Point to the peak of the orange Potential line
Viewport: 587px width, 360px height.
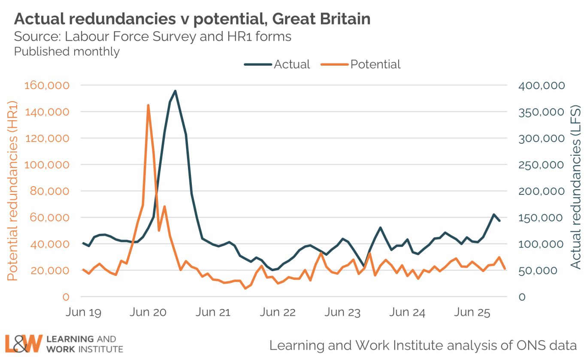[148, 105]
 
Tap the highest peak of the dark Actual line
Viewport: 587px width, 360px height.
[175, 91]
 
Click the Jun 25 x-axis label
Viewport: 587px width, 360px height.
[472, 312]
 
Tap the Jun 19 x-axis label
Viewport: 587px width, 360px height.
[83, 312]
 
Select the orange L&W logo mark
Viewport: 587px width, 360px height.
[24, 343]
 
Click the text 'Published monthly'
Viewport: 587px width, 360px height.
[67, 51]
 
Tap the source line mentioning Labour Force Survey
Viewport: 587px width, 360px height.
[153, 36]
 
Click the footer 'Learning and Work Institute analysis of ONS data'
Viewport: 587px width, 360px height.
[423, 345]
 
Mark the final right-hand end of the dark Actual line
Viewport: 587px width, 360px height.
[499, 221]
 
